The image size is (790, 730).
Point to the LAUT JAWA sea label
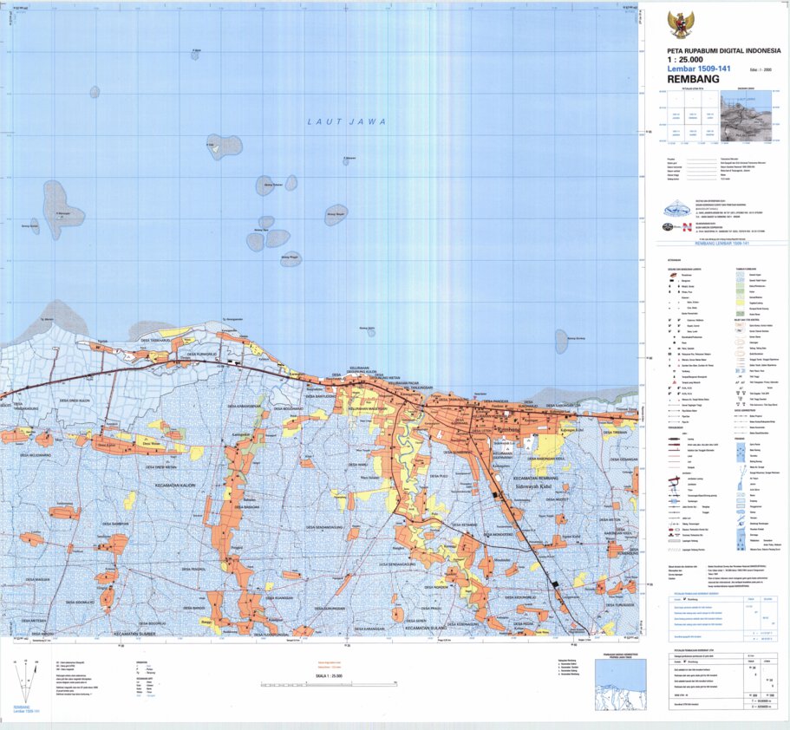pos(346,122)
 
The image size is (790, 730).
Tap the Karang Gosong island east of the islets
pos(561,341)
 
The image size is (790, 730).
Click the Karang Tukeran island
pos(265,185)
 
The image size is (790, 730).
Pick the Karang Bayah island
pos(336,213)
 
